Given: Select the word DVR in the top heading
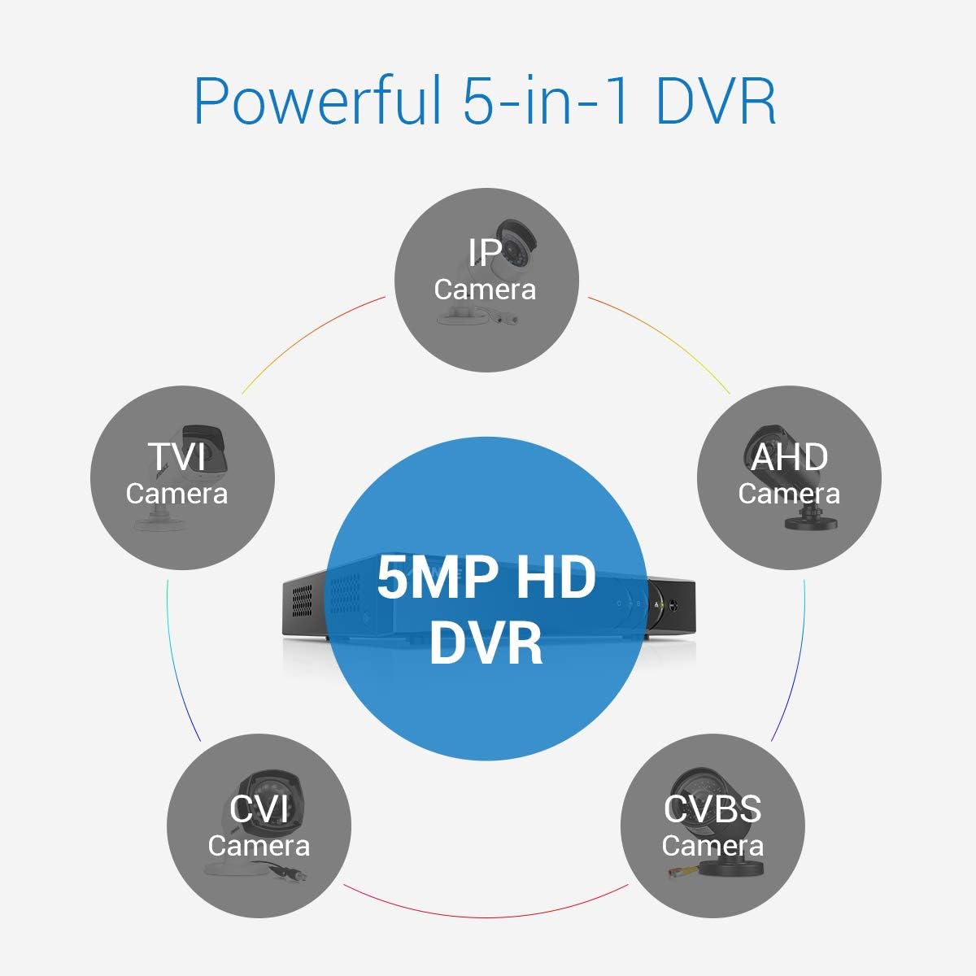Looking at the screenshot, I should coord(715,101).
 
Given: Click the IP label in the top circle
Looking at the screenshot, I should coord(486,253).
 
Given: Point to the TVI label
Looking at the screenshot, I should coord(176,457).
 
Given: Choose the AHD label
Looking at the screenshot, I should coord(789,457).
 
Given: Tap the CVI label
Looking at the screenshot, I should coord(259,809).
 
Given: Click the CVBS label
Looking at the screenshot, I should coord(712,809).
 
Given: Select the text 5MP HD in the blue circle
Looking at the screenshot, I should coord(486,579).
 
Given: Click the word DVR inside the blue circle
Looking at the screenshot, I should coord(486,643).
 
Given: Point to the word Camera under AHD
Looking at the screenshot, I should coord(789,494).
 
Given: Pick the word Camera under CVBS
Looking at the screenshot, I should coord(712,846).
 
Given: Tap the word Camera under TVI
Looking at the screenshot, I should coord(176,494).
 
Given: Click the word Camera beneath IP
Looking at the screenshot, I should coord(486,290).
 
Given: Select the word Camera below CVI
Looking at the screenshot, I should coord(259,846).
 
